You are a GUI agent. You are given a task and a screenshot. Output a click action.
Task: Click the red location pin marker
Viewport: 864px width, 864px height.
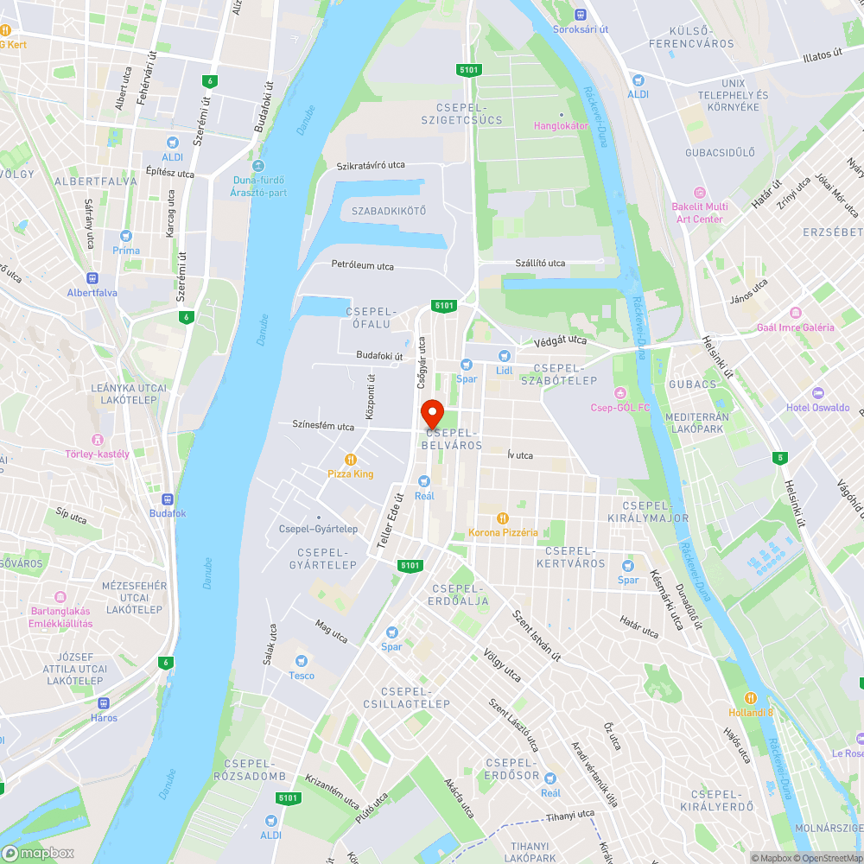point(431,412)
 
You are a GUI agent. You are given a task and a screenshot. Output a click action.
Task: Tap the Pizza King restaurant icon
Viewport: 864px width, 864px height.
point(351,460)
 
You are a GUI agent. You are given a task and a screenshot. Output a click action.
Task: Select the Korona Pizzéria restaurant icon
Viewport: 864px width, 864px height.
point(503,518)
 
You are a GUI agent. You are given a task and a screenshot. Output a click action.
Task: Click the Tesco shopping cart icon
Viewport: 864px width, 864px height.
point(302,661)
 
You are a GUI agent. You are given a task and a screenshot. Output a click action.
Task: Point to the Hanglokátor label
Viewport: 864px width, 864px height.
point(561,125)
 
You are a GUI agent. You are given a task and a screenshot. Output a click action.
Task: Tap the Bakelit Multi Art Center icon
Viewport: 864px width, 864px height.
point(700,193)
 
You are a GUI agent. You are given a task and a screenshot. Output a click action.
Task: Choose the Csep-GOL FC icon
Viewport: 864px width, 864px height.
point(619,393)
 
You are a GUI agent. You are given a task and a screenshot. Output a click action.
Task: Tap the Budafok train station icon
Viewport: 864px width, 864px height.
point(167,499)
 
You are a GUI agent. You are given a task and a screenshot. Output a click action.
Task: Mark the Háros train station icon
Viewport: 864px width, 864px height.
point(104,703)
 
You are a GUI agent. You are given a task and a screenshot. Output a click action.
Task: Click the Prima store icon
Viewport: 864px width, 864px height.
point(126,236)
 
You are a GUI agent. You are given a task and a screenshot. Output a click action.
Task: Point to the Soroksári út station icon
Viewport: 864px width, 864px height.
point(581,14)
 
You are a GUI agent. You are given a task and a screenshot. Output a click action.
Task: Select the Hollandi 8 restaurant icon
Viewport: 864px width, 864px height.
point(750,698)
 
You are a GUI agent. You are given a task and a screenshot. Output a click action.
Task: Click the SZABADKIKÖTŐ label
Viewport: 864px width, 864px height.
point(389,211)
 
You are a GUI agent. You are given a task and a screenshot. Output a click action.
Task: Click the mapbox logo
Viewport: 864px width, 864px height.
point(38,853)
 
